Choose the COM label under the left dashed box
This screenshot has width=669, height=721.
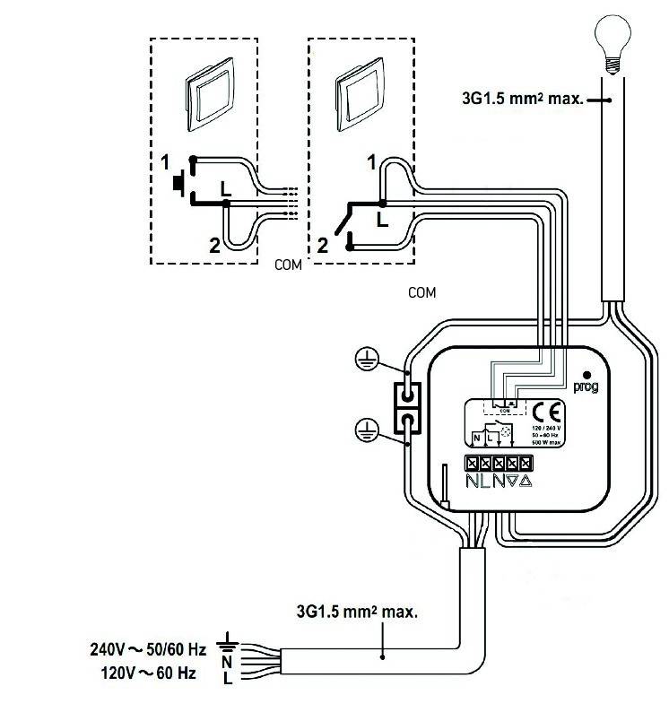(287, 266)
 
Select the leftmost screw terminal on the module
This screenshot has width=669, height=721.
(474, 465)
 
